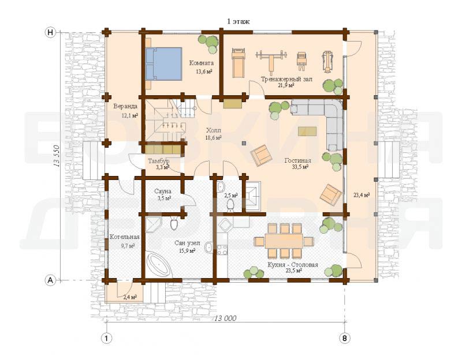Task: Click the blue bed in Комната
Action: [x=163, y=63]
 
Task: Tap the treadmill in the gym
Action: [x=238, y=63]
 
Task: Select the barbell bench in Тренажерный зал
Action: [x=271, y=61]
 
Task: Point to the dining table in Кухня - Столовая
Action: [x=284, y=241]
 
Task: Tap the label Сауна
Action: [x=163, y=192]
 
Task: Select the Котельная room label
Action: [x=124, y=237]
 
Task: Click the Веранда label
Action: [x=125, y=106]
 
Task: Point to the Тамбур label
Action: [x=158, y=162]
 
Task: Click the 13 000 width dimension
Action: [x=225, y=318]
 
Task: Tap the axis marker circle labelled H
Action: [x=51, y=32]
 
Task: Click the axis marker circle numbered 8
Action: [x=345, y=338]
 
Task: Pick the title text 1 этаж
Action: [x=239, y=21]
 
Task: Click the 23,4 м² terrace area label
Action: [x=362, y=194]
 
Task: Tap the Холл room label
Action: [x=213, y=130]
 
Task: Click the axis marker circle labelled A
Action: [x=51, y=280]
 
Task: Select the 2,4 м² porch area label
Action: [x=129, y=297]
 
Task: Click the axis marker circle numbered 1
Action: [x=107, y=338]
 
